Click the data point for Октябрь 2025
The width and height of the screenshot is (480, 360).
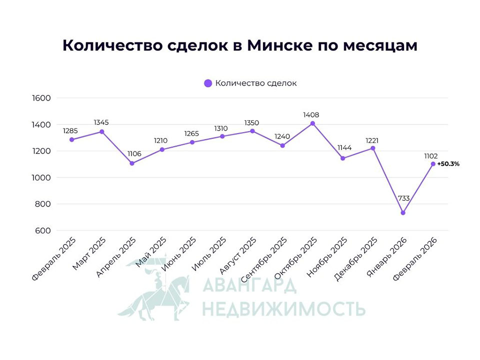pyautogui.click(x=312, y=123)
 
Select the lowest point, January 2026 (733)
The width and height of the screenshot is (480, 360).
pyautogui.click(x=403, y=213)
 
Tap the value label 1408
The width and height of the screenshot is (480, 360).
pyautogui.click(x=311, y=115)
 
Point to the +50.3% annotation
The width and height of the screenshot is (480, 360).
pyautogui.click(x=448, y=163)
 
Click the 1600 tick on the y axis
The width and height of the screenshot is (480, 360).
pyautogui.click(x=41, y=98)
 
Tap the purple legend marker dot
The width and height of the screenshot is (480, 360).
pyautogui.click(x=208, y=83)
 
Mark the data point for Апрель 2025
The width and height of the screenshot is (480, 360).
pyautogui.click(x=132, y=163)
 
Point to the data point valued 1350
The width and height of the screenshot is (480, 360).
pyautogui.click(x=252, y=131)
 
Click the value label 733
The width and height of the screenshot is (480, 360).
pyautogui.click(x=404, y=198)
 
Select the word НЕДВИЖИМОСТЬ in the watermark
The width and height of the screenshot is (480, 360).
pyautogui.click(x=283, y=308)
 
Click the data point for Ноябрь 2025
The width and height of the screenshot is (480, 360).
pyautogui.click(x=343, y=158)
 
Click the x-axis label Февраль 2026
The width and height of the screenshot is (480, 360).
pyautogui.click(x=415, y=258)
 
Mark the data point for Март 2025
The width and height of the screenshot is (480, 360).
pyautogui.click(x=102, y=131)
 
